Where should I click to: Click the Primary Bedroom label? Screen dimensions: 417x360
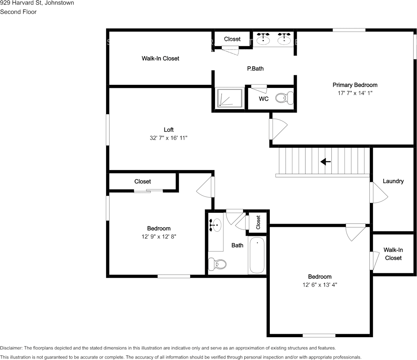point(355,85)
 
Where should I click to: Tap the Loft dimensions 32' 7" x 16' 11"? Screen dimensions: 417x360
point(169,138)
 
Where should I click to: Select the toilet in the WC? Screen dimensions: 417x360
point(285,98)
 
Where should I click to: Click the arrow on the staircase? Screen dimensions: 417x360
point(326,161)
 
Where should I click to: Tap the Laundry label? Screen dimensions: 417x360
point(393,181)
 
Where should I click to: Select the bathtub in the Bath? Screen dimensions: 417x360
point(257,255)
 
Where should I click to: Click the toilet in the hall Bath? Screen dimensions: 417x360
point(217,264)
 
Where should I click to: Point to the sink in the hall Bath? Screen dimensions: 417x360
point(216,225)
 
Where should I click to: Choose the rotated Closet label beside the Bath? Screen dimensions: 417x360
point(258,223)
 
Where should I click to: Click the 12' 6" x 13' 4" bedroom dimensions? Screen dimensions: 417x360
point(320,285)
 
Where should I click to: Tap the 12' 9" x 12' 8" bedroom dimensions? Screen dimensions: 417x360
point(159,237)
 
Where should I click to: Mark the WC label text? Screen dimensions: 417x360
point(264,99)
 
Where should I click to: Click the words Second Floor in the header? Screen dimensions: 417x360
point(18,12)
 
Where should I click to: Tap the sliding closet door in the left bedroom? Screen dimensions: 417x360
point(148,191)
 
